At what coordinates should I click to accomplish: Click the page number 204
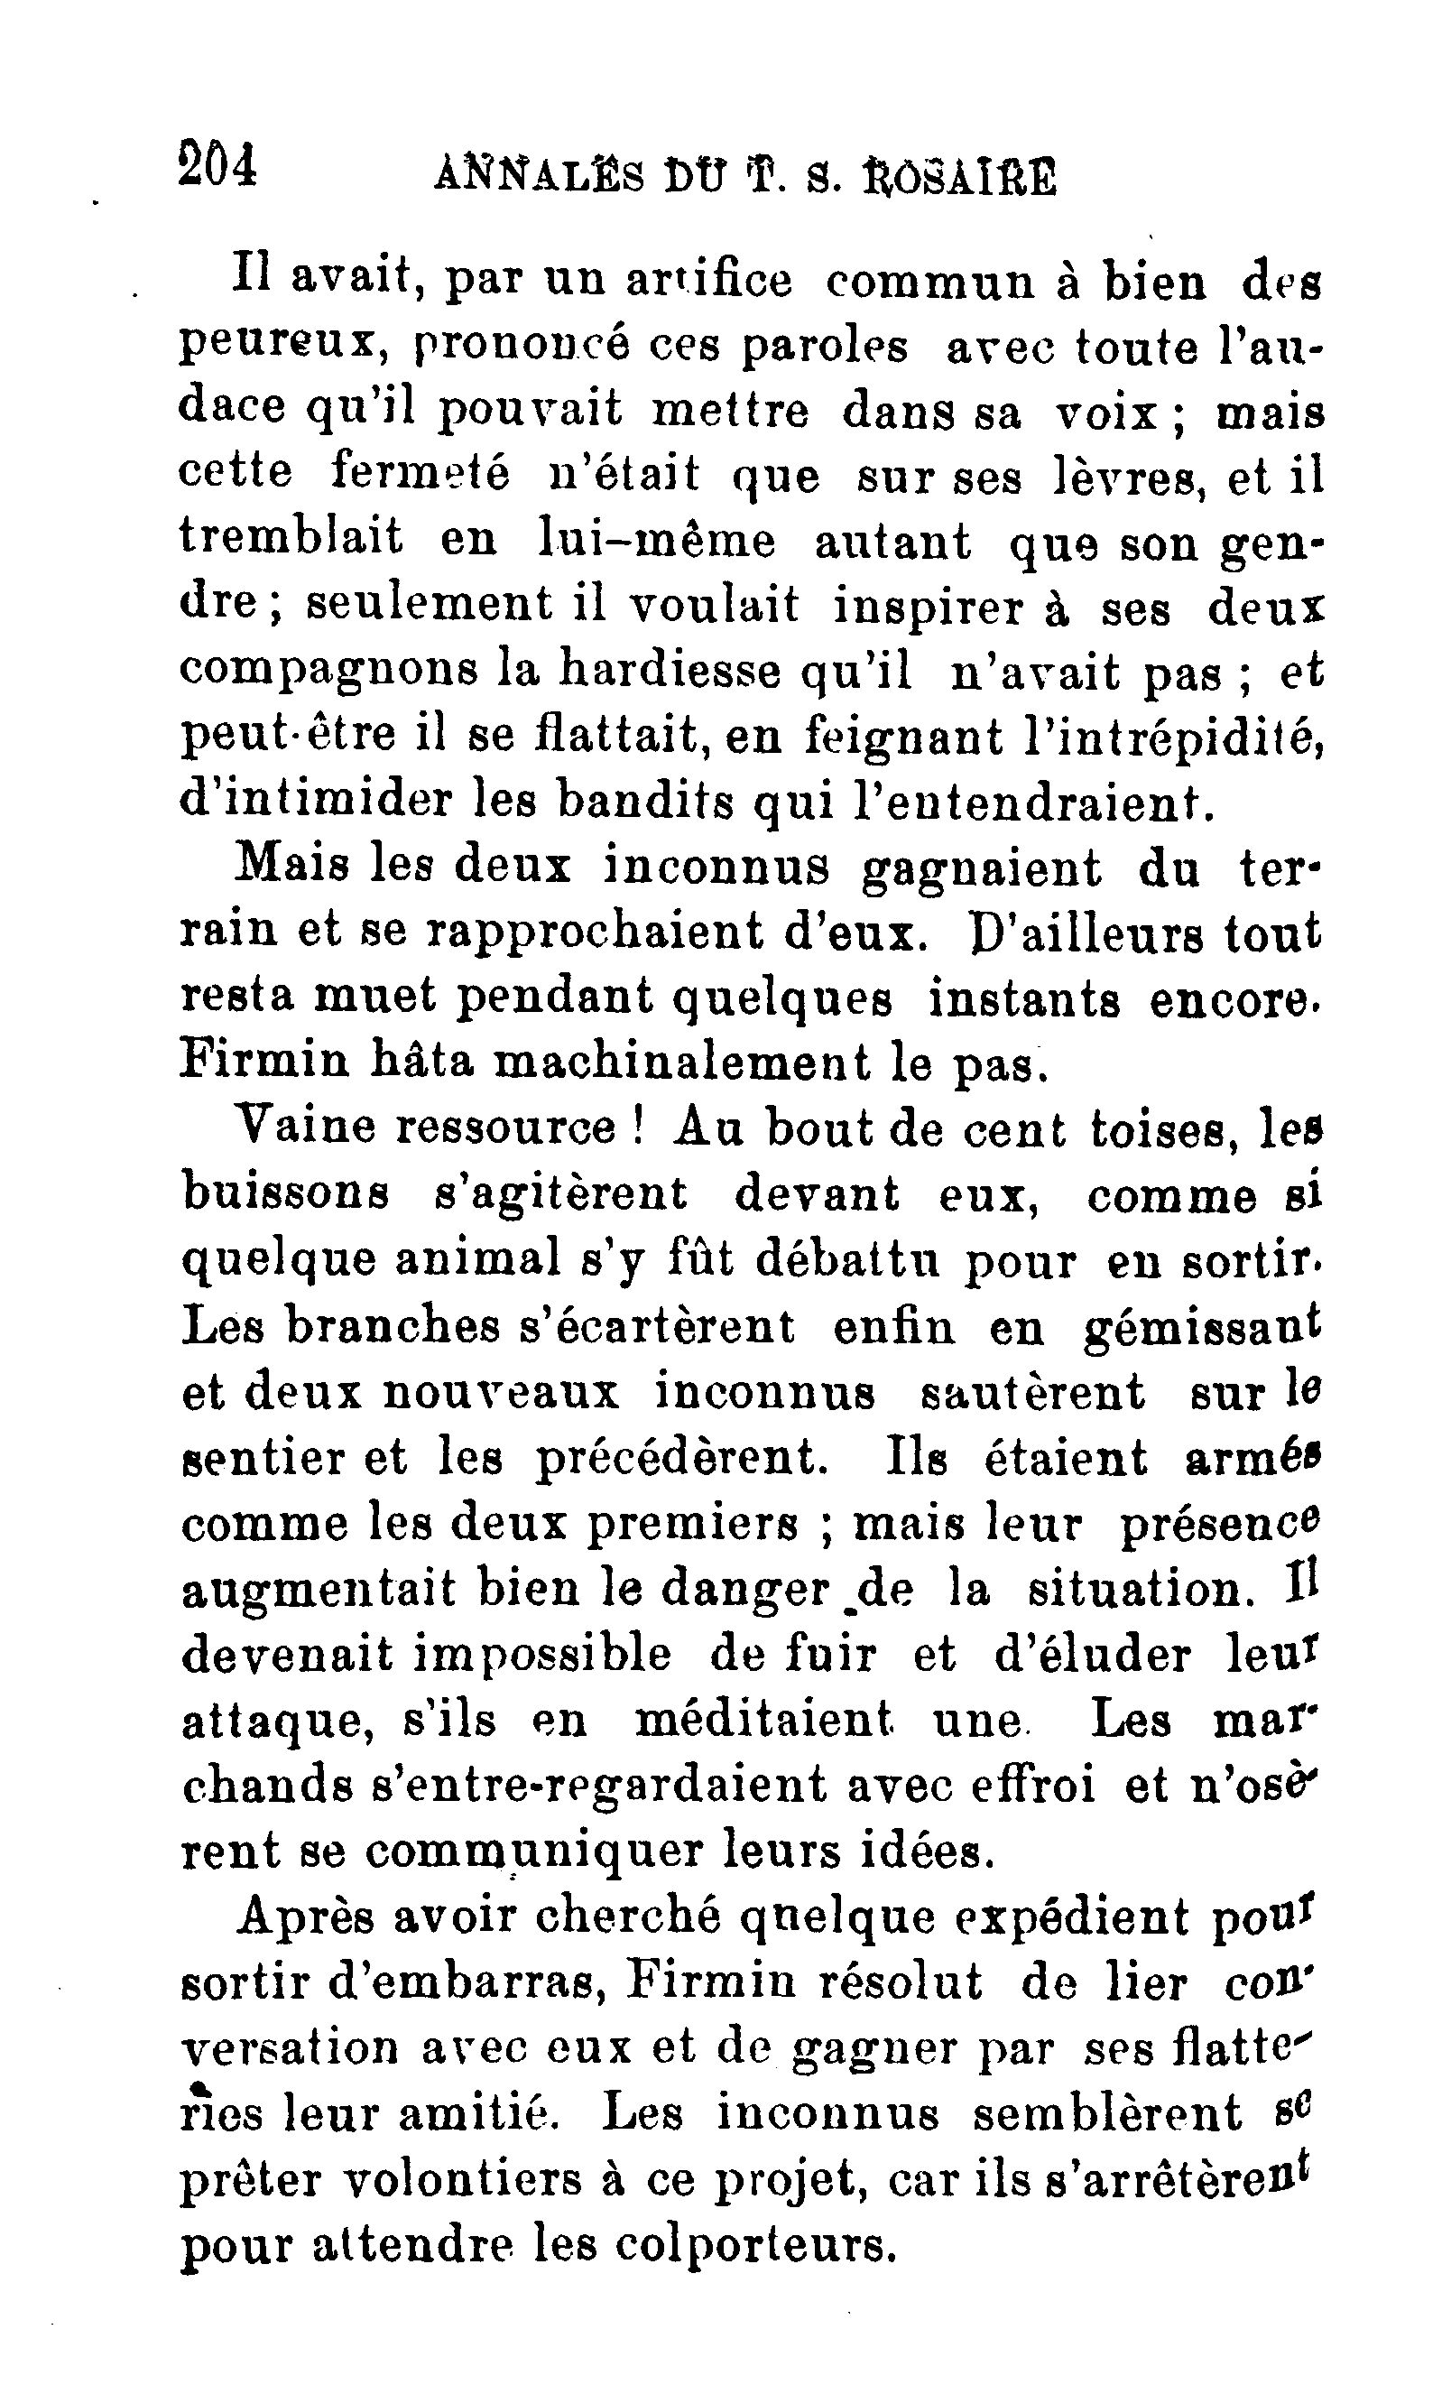coord(217,163)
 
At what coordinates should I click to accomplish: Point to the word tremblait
coord(291,539)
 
